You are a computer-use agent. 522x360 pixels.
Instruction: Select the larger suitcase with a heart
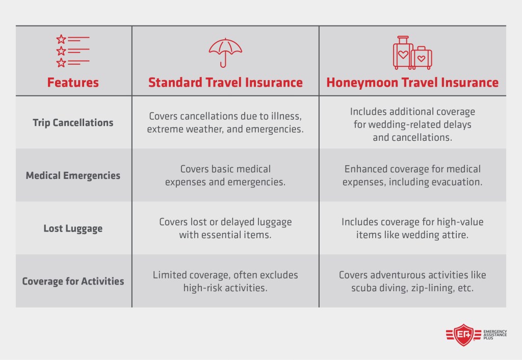[403, 53]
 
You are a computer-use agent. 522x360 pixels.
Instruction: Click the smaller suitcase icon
[422, 58]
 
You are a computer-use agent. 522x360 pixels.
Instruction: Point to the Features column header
[73, 83]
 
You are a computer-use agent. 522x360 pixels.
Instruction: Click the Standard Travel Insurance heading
[225, 83]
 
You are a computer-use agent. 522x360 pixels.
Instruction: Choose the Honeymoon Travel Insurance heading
[412, 83]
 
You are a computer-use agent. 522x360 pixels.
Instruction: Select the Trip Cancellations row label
[73, 122]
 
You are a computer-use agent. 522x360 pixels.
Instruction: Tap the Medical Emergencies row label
[73, 175]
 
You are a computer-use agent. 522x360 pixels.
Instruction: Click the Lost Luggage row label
[73, 228]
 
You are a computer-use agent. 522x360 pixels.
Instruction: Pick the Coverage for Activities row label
[73, 281]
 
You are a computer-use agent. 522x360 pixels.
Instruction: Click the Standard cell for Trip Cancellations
[225, 123]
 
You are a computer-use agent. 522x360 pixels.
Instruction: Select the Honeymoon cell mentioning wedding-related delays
[412, 124]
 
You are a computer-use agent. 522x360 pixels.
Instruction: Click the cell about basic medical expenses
[225, 175]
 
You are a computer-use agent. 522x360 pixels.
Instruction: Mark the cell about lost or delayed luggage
[225, 228]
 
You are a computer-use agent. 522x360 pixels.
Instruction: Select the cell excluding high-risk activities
[225, 281]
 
